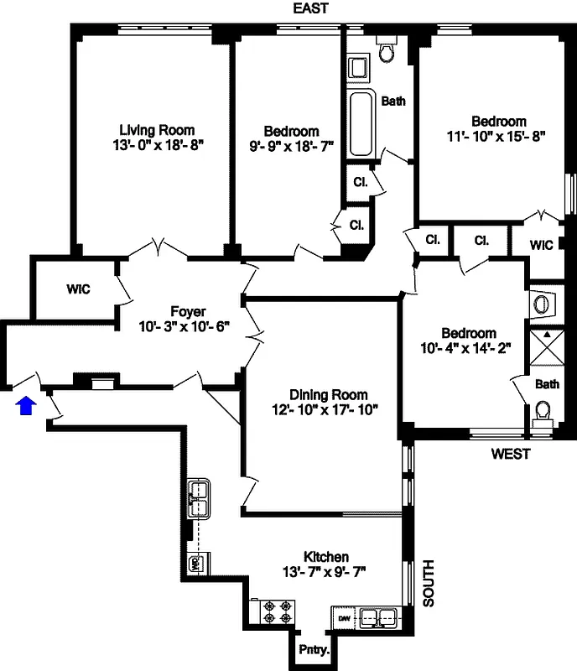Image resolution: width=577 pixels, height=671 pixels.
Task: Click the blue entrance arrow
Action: (27, 406)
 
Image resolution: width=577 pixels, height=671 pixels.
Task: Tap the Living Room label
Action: (157, 130)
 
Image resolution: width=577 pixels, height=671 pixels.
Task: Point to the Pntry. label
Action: (315, 650)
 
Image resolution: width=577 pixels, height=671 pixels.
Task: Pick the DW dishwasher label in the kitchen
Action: (344, 618)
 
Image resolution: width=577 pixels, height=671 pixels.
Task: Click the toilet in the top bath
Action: (387, 50)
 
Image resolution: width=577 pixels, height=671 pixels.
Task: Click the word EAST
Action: (310, 8)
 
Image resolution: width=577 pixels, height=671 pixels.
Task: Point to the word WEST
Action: (511, 455)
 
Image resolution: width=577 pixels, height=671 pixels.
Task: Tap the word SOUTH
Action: (428, 583)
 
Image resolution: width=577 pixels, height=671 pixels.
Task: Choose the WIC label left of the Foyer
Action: (78, 289)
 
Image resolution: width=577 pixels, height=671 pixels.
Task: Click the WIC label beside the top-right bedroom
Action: (543, 245)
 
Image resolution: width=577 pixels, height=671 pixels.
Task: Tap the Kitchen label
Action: (326, 557)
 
